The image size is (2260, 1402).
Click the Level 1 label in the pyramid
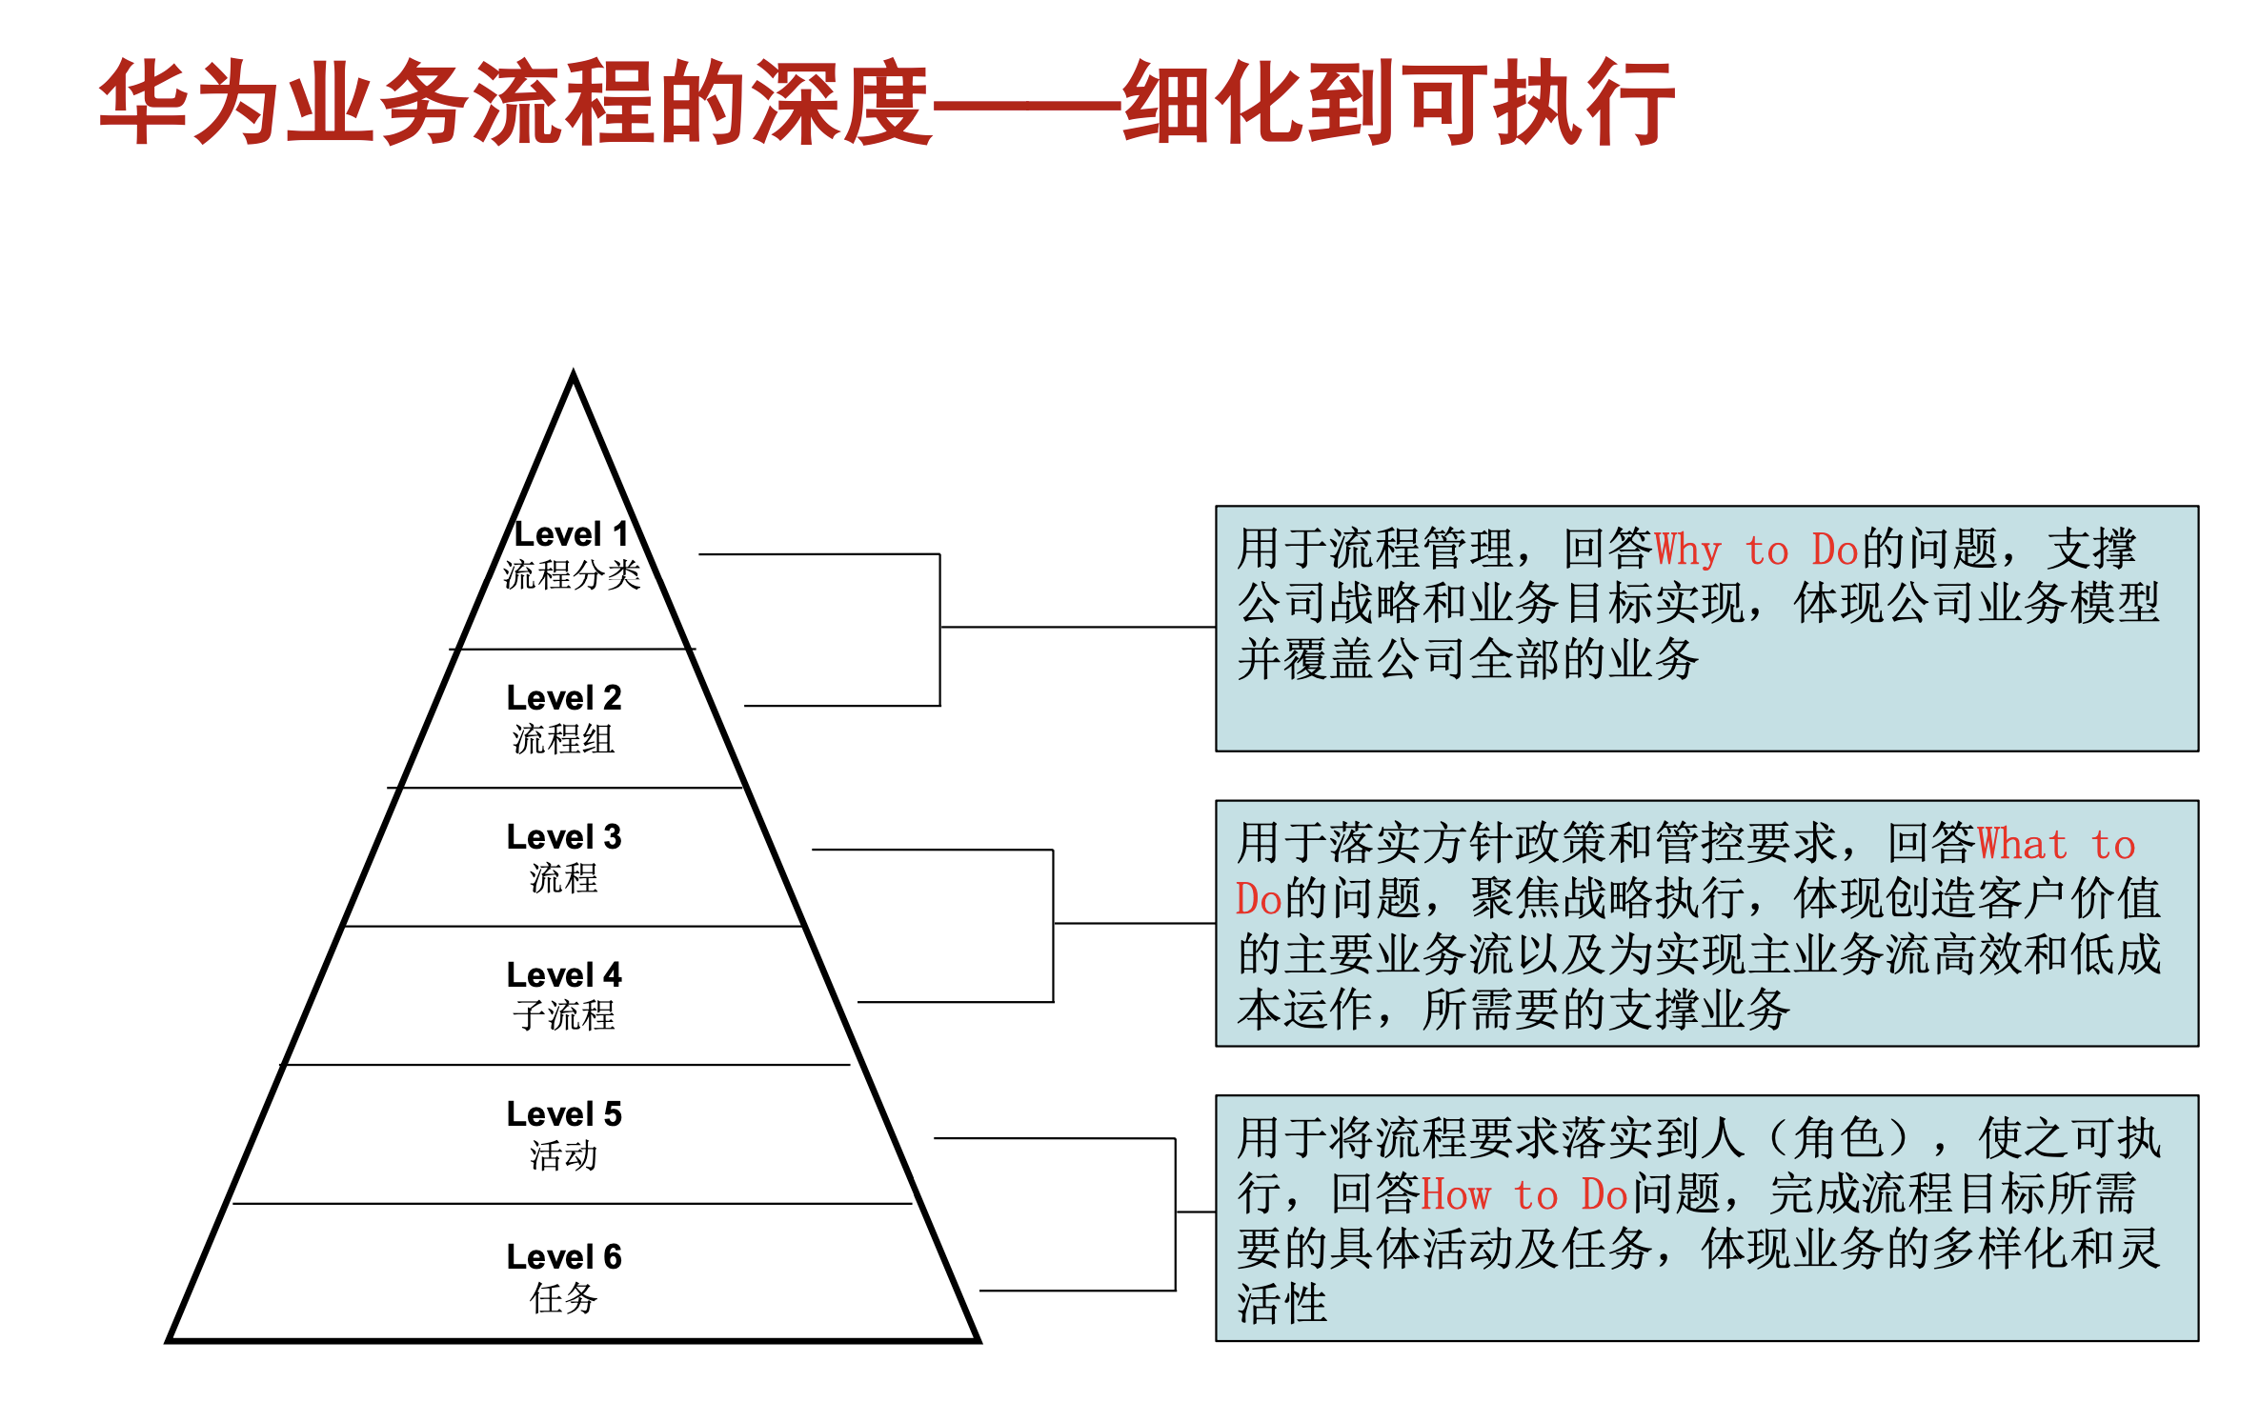(571, 534)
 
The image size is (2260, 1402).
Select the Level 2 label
(564, 698)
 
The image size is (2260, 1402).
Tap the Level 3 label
(564, 837)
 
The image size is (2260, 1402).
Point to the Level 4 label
(564, 975)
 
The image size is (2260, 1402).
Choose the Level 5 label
(564, 1114)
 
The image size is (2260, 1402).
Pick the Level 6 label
(564, 1257)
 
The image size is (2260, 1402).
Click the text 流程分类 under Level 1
(572, 575)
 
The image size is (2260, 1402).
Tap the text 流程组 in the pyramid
(564, 740)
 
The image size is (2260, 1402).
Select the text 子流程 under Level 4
(564, 1016)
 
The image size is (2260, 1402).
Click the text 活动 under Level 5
(564, 1156)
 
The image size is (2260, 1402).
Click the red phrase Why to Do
(1756, 551)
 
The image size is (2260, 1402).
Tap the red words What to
(2056, 845)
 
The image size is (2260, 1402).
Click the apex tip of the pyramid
(574, 374)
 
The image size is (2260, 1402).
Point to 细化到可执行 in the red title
(1398, 103)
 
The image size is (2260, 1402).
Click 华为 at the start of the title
(192, 103)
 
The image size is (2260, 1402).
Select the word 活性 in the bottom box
(1282, 1304)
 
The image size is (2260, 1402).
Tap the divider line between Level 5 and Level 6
(572, 1204)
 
